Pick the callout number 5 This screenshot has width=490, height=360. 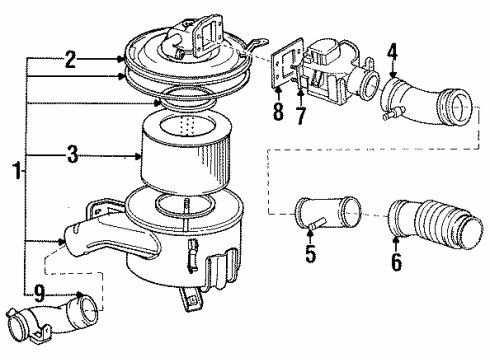tap(311, 255)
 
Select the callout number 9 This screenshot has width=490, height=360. tap(37, 293)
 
